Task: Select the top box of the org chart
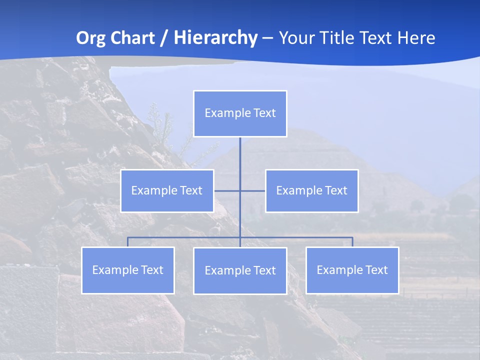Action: [240, 113]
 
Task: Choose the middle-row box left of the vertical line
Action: [167, 190]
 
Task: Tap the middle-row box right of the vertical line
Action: [311, 190]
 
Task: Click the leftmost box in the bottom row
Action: [128, 270]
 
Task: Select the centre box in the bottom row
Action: [240, 270]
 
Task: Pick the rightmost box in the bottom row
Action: [352, 270]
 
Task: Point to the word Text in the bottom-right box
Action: [376, 270]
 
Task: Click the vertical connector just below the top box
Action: [240, 150]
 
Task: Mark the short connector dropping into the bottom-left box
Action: [128, 242]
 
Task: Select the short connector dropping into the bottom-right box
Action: [352, 242]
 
